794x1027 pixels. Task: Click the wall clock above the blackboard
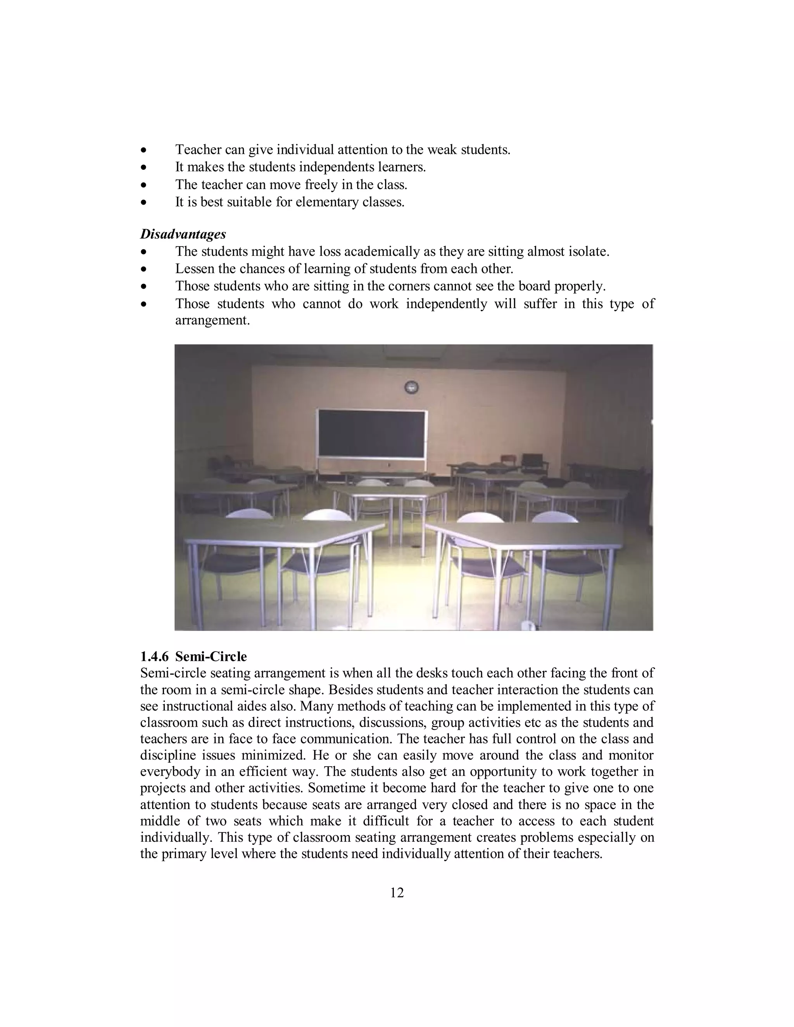coord(412,387)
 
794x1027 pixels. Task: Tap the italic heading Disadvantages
coord(183,234)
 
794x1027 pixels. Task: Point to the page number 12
coord(397,893)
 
